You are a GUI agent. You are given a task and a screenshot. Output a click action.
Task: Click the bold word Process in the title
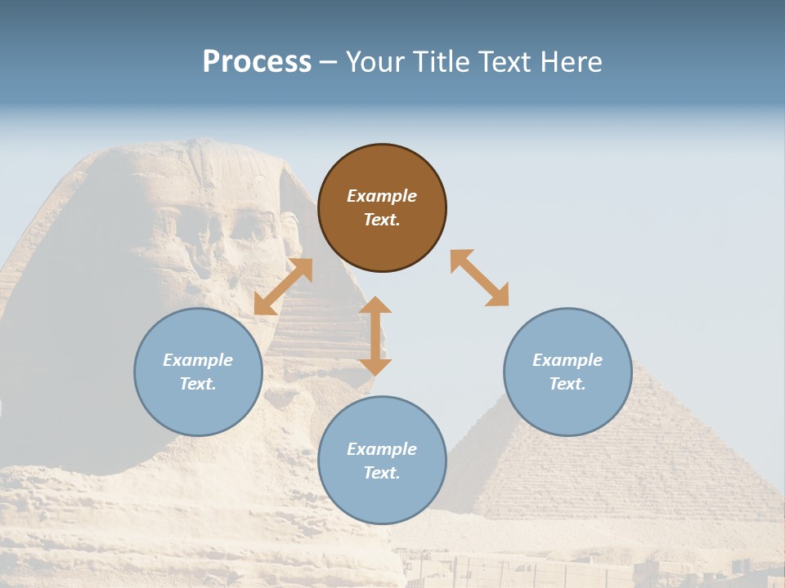click(257, 62)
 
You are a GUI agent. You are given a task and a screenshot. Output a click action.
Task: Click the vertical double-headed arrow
click(375, 336)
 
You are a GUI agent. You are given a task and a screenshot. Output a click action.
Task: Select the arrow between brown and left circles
click(283, 287)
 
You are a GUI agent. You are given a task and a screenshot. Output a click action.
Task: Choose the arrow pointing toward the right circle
click(480, 278)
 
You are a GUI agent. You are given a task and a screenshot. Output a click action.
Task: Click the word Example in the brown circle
click(382, 196)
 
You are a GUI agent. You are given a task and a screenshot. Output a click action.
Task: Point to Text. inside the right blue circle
click(567, 384)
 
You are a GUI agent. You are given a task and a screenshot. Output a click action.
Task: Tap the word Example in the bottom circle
click(382, 449)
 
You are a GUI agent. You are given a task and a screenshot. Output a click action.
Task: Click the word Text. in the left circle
click(198, 384)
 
